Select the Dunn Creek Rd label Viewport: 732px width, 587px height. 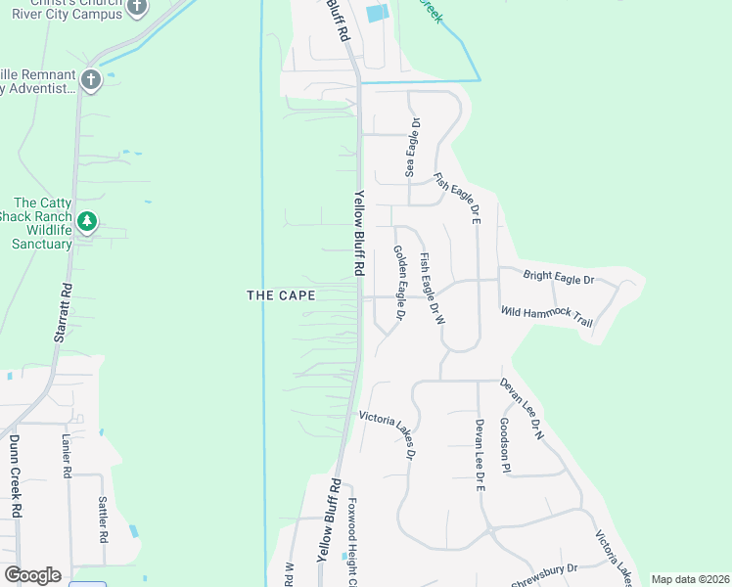coord(15,476)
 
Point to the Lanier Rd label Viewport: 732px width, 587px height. coord(67,456)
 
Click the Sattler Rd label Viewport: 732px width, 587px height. coord(102,519)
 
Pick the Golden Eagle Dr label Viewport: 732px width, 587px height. coord(399,284)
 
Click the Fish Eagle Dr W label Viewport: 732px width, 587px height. coord(432,289)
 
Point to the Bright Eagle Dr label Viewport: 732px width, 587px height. coord(559,279)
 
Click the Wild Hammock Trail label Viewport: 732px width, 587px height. coord(547,315)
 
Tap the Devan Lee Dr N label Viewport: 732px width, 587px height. coord(522,409)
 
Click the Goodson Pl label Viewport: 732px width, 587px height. coord(505,444)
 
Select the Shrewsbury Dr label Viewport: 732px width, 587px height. coord(545,573)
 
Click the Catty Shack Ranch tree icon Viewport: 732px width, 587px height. coord(88,222)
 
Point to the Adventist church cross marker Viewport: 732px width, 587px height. coord(91,79)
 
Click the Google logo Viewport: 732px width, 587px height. coord(32,575)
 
